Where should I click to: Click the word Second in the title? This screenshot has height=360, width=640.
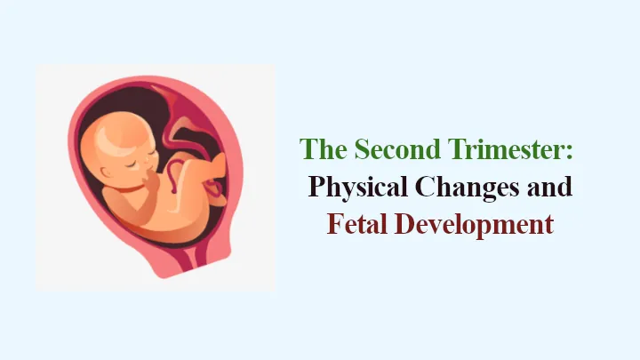[397, 148]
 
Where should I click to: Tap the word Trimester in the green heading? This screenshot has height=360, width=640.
[506, 148]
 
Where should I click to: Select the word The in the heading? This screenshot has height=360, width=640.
[324, 148]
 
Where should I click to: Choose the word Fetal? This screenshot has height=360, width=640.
[357, 224]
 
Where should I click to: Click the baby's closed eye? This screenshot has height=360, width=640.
[133, 164]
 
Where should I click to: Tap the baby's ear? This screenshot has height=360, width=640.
[107, 172]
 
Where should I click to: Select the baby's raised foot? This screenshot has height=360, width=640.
[218, 166]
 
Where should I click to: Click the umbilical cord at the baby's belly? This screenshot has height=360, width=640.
[172, 175]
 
